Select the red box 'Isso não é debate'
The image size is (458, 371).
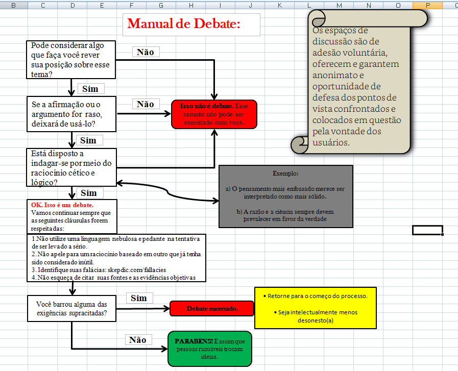click(x=214, y=114)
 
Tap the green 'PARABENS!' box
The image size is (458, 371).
click(x=209, y=348)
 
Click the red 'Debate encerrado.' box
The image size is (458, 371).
click(x=212, y=309)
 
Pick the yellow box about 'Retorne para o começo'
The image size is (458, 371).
click(x=315, y=308)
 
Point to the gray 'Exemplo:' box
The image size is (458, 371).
click(x=285, y=196)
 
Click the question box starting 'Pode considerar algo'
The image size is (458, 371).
click(x=71, y=60)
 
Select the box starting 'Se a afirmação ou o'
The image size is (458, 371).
click(x=71, y=114)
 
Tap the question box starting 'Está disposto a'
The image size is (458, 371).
click(x=71, y=167)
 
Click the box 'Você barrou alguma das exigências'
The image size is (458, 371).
click(x=71, y=309)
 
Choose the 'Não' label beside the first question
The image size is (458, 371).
click(x=146, y=52)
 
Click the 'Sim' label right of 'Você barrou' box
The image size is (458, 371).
click(x=139, y=298)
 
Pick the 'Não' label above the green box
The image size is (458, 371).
click(x=137, y=340)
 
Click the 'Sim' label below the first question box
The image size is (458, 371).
click(x=90, y=89)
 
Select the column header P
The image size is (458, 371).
click(x=427, y=5)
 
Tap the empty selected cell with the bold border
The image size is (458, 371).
click(x=427, y=230)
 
